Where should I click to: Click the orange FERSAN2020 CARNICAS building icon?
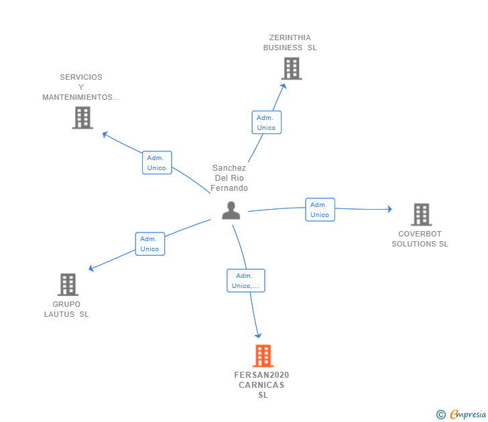pyautogui.click(x=263, y=356)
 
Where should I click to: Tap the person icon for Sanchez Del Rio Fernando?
pyautogui.click(x=231, y=210)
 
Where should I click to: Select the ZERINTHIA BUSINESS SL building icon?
pyautogui.click(x=292, y=68)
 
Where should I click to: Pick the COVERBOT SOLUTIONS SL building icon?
pyautogui.click(x=422, y=214)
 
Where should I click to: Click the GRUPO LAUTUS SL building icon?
pyautogui.click(x=68, y=285)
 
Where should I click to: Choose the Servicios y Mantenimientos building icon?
pyautogui.click(x=82, y=117)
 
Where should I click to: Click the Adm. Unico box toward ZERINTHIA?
pyautogui.click(x=266, y=123)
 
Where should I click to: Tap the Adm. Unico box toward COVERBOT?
pyautogui.click(x=320, y=210)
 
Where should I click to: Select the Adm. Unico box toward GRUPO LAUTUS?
pyautogui.click(x=149, y=244)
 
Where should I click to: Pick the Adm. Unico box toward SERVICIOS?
pyautogui.click(x=157, y=163)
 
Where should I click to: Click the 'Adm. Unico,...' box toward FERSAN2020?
pyautogui.click(x=246, y=281)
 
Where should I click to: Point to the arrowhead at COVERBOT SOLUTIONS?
pyautogui.click(x=389, y=209)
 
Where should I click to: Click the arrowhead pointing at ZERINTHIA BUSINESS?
pyautogui.click(x=283, y=86)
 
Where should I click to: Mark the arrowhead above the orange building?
pyautogui.click(x=258, y=336)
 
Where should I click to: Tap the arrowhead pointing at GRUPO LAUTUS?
pyautogui.click(x=91, y=268)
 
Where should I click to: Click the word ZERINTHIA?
pyautogui.click(x=290, y=38)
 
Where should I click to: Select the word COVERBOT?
pyautogui.click(x=420, y=234)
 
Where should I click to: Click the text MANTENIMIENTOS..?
pyautogui.click(x=78, y=97)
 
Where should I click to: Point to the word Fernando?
pyautogui.click(x=229, y=188)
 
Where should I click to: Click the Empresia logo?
pyautogui.click(x=461, y=415)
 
